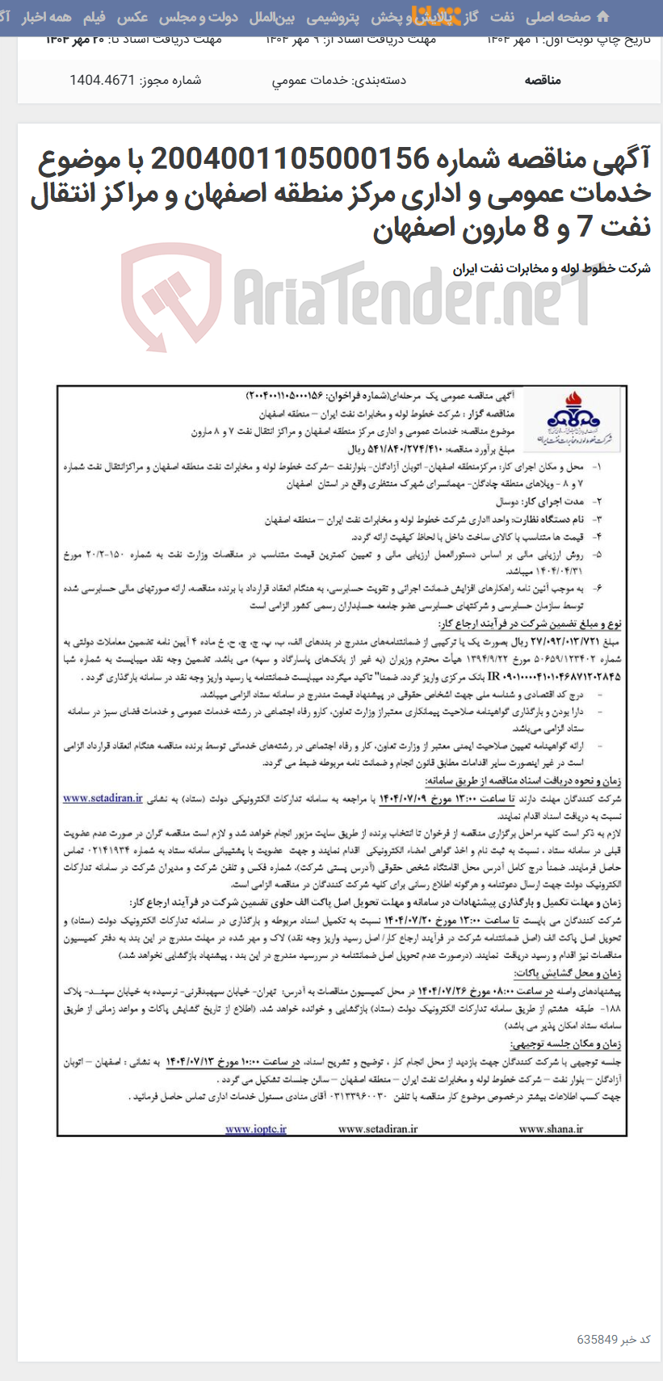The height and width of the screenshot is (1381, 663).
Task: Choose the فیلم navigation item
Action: coord(94,17)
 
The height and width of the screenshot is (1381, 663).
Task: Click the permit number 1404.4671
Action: coord(102,80)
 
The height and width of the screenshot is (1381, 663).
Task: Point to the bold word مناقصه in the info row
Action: coord(543,80)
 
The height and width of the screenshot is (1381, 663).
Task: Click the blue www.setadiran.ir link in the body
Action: coord(103,799)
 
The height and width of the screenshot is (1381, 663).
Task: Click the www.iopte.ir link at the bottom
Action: coord(255,1128)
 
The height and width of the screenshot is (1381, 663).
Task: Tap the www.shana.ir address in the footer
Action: coord(551,1128)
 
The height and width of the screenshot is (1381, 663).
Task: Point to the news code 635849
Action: coord(597,1338)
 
